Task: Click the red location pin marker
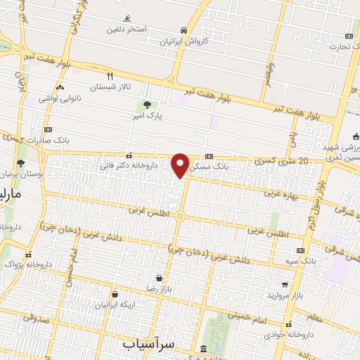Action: click(181, 165)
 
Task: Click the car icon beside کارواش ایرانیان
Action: click(184, 30)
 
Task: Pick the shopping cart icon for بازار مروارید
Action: click(284, 285)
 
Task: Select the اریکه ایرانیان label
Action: click(114, 304)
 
